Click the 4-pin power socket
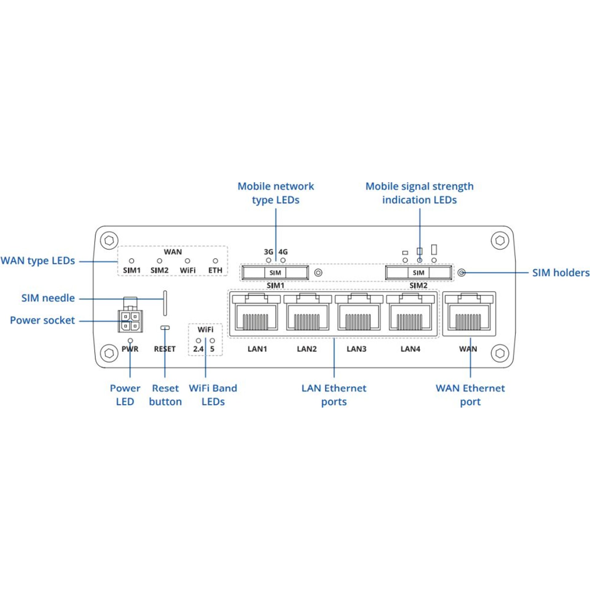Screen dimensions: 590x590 130,321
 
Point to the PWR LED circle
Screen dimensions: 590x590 130,340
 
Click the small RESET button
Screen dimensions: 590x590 165,328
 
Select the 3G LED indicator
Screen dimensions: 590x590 269,260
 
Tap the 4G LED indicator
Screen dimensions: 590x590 283,260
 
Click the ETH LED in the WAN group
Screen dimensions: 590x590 215,261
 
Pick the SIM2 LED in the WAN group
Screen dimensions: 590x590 159,261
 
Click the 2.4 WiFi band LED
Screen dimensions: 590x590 199,340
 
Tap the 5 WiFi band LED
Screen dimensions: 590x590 212,340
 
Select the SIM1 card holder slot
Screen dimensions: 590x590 275,273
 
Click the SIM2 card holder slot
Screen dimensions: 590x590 419,273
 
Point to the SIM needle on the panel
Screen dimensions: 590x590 165,303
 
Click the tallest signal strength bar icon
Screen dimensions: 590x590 434,250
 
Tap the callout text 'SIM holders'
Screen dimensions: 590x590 560,273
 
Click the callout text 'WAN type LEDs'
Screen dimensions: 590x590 38,261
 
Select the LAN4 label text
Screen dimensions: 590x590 410,349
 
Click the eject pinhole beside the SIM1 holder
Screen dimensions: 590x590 318,273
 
